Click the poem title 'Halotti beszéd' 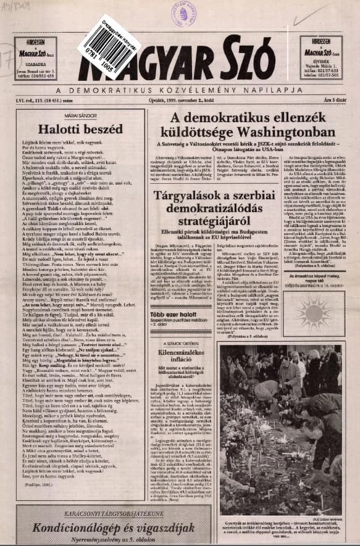click(75, 129)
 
